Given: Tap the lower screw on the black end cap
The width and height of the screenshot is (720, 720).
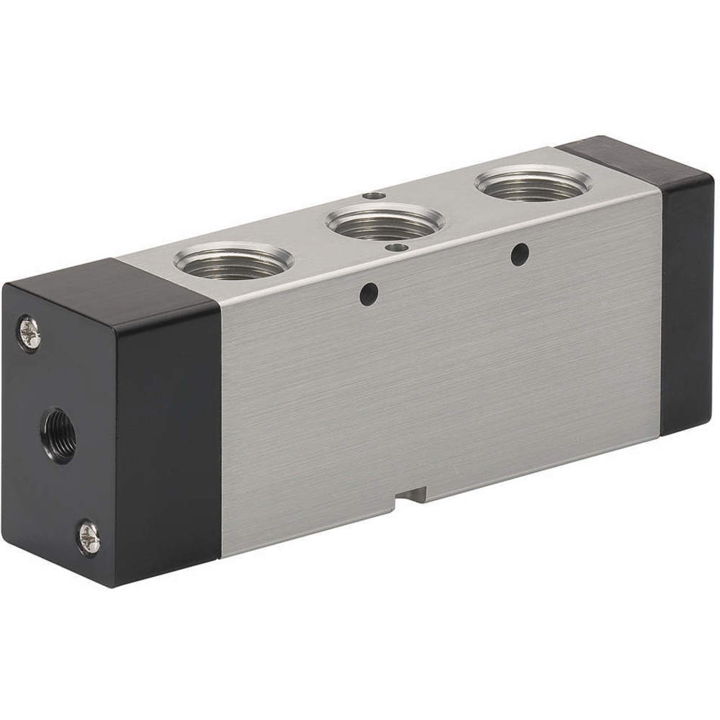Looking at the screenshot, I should (89, 536).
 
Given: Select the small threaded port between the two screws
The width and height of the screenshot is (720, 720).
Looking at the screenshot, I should (58, 434).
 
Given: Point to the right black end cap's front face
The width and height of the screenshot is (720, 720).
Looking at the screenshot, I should (685, 302).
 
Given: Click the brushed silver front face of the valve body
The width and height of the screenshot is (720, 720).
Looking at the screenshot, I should (439, 382).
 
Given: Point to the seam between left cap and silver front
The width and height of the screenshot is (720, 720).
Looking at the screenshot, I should (220, 432).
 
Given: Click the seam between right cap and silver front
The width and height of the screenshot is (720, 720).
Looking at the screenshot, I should (660, 310).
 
